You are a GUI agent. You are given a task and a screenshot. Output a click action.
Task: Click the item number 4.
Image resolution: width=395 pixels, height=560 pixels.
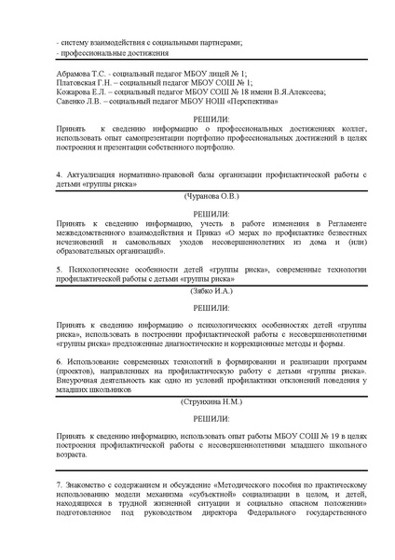click(59, 175)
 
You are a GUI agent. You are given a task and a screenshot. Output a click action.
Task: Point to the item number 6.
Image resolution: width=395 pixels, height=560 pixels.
click(59, 358)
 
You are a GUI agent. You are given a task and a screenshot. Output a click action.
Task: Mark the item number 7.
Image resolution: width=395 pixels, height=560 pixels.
click(59, 486)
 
